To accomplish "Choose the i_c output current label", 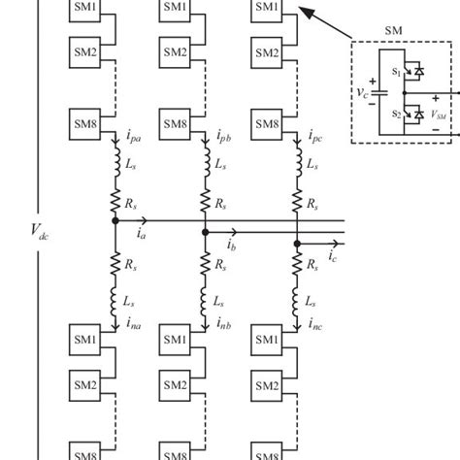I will [x=333, y=256].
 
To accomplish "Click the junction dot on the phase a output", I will [x=115, y=221].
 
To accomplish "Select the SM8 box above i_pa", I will [x=84, y=124].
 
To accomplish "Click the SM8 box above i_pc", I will [x=266, y=124].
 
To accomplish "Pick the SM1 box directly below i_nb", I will [x=176, y=341].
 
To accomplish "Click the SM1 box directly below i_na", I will [x=84, y=341].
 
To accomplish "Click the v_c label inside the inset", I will [x=362, y=92].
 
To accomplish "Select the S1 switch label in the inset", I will [x=396, y=71].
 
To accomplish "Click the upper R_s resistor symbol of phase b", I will [x=206, y=201].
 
